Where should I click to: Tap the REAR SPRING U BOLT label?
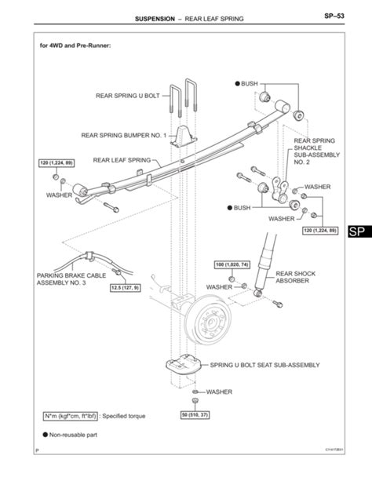(x=127, y=96)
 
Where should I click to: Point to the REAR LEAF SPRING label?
(x=122, y=159)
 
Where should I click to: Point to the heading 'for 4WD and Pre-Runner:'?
(x=75, y=46)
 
